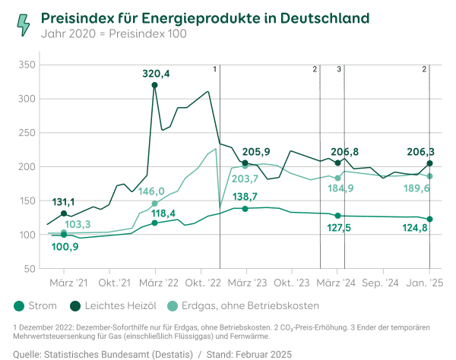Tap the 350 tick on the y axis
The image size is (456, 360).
(x=27, y=65)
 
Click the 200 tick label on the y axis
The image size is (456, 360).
(x=27, y=167)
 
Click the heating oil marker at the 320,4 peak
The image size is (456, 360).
(x=155, y=85)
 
